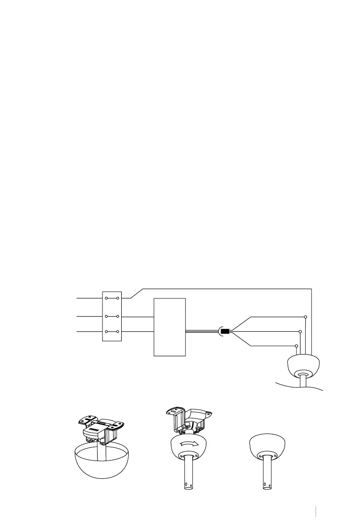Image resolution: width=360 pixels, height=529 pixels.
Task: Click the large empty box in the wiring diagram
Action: click(x=169, y=327)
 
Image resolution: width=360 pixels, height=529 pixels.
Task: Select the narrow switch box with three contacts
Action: click(x=111, y=316)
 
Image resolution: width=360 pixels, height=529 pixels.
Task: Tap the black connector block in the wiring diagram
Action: click(x=225, y=331)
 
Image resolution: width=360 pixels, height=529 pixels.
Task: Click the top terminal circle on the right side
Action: click(x=305, y=317)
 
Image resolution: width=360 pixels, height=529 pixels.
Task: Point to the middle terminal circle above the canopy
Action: click(x=301, y=331)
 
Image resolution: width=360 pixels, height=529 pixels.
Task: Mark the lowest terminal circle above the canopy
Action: click(x=297, y=346)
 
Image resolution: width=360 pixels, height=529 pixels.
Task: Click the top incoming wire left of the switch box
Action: click(x=89, y=298)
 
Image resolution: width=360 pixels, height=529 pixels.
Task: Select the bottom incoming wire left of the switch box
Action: click(x=89, y=331)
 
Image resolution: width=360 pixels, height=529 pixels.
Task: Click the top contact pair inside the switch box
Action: click(x=111, y=298)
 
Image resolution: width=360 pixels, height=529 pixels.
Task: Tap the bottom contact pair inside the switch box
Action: click(x=111, y=331)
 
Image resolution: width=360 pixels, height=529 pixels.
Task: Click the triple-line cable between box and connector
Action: click(x=202, y=331)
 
